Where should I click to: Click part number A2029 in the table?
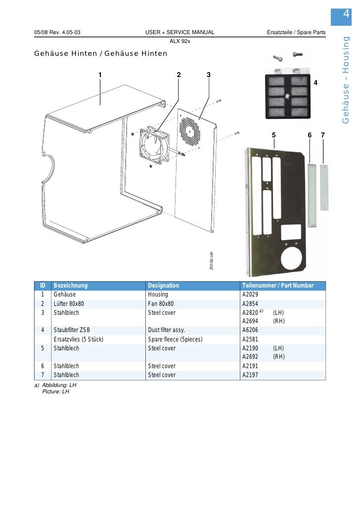252,295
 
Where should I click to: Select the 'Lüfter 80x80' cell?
69,303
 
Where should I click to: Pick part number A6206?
252,330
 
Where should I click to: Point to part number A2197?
252,375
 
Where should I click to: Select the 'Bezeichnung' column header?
70,286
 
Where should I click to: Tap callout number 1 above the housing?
100,75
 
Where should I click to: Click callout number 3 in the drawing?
209,75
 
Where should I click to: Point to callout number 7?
322,135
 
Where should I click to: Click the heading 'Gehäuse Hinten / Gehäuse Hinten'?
100,53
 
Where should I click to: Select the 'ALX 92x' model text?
180,41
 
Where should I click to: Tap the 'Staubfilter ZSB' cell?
72,330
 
